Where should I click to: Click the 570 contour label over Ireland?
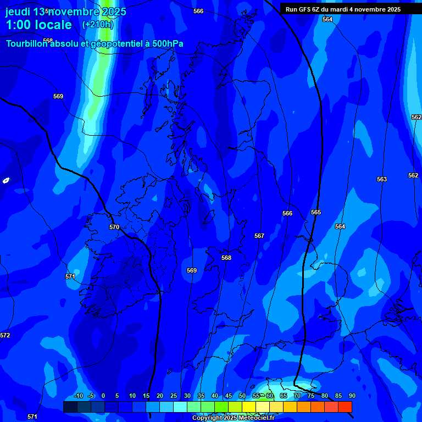pos(114,227)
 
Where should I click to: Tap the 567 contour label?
pos(259,236)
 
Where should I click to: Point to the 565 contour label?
pos(316,212)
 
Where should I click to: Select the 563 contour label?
pos(382,179)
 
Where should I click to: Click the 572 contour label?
pos(5,335)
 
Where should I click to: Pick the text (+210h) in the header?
pos(98,25)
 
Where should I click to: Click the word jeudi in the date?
pos(18,12)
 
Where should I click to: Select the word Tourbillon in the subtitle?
pos(27,44)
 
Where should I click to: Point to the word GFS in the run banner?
pos(305,9)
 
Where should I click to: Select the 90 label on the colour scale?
pos(352,396)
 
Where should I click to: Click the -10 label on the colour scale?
pos(78,396)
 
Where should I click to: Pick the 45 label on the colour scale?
pos(229,396)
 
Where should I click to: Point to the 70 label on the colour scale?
pos(297,396)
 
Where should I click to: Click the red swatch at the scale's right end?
pos(345,407)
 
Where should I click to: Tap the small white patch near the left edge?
pos(6,180)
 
